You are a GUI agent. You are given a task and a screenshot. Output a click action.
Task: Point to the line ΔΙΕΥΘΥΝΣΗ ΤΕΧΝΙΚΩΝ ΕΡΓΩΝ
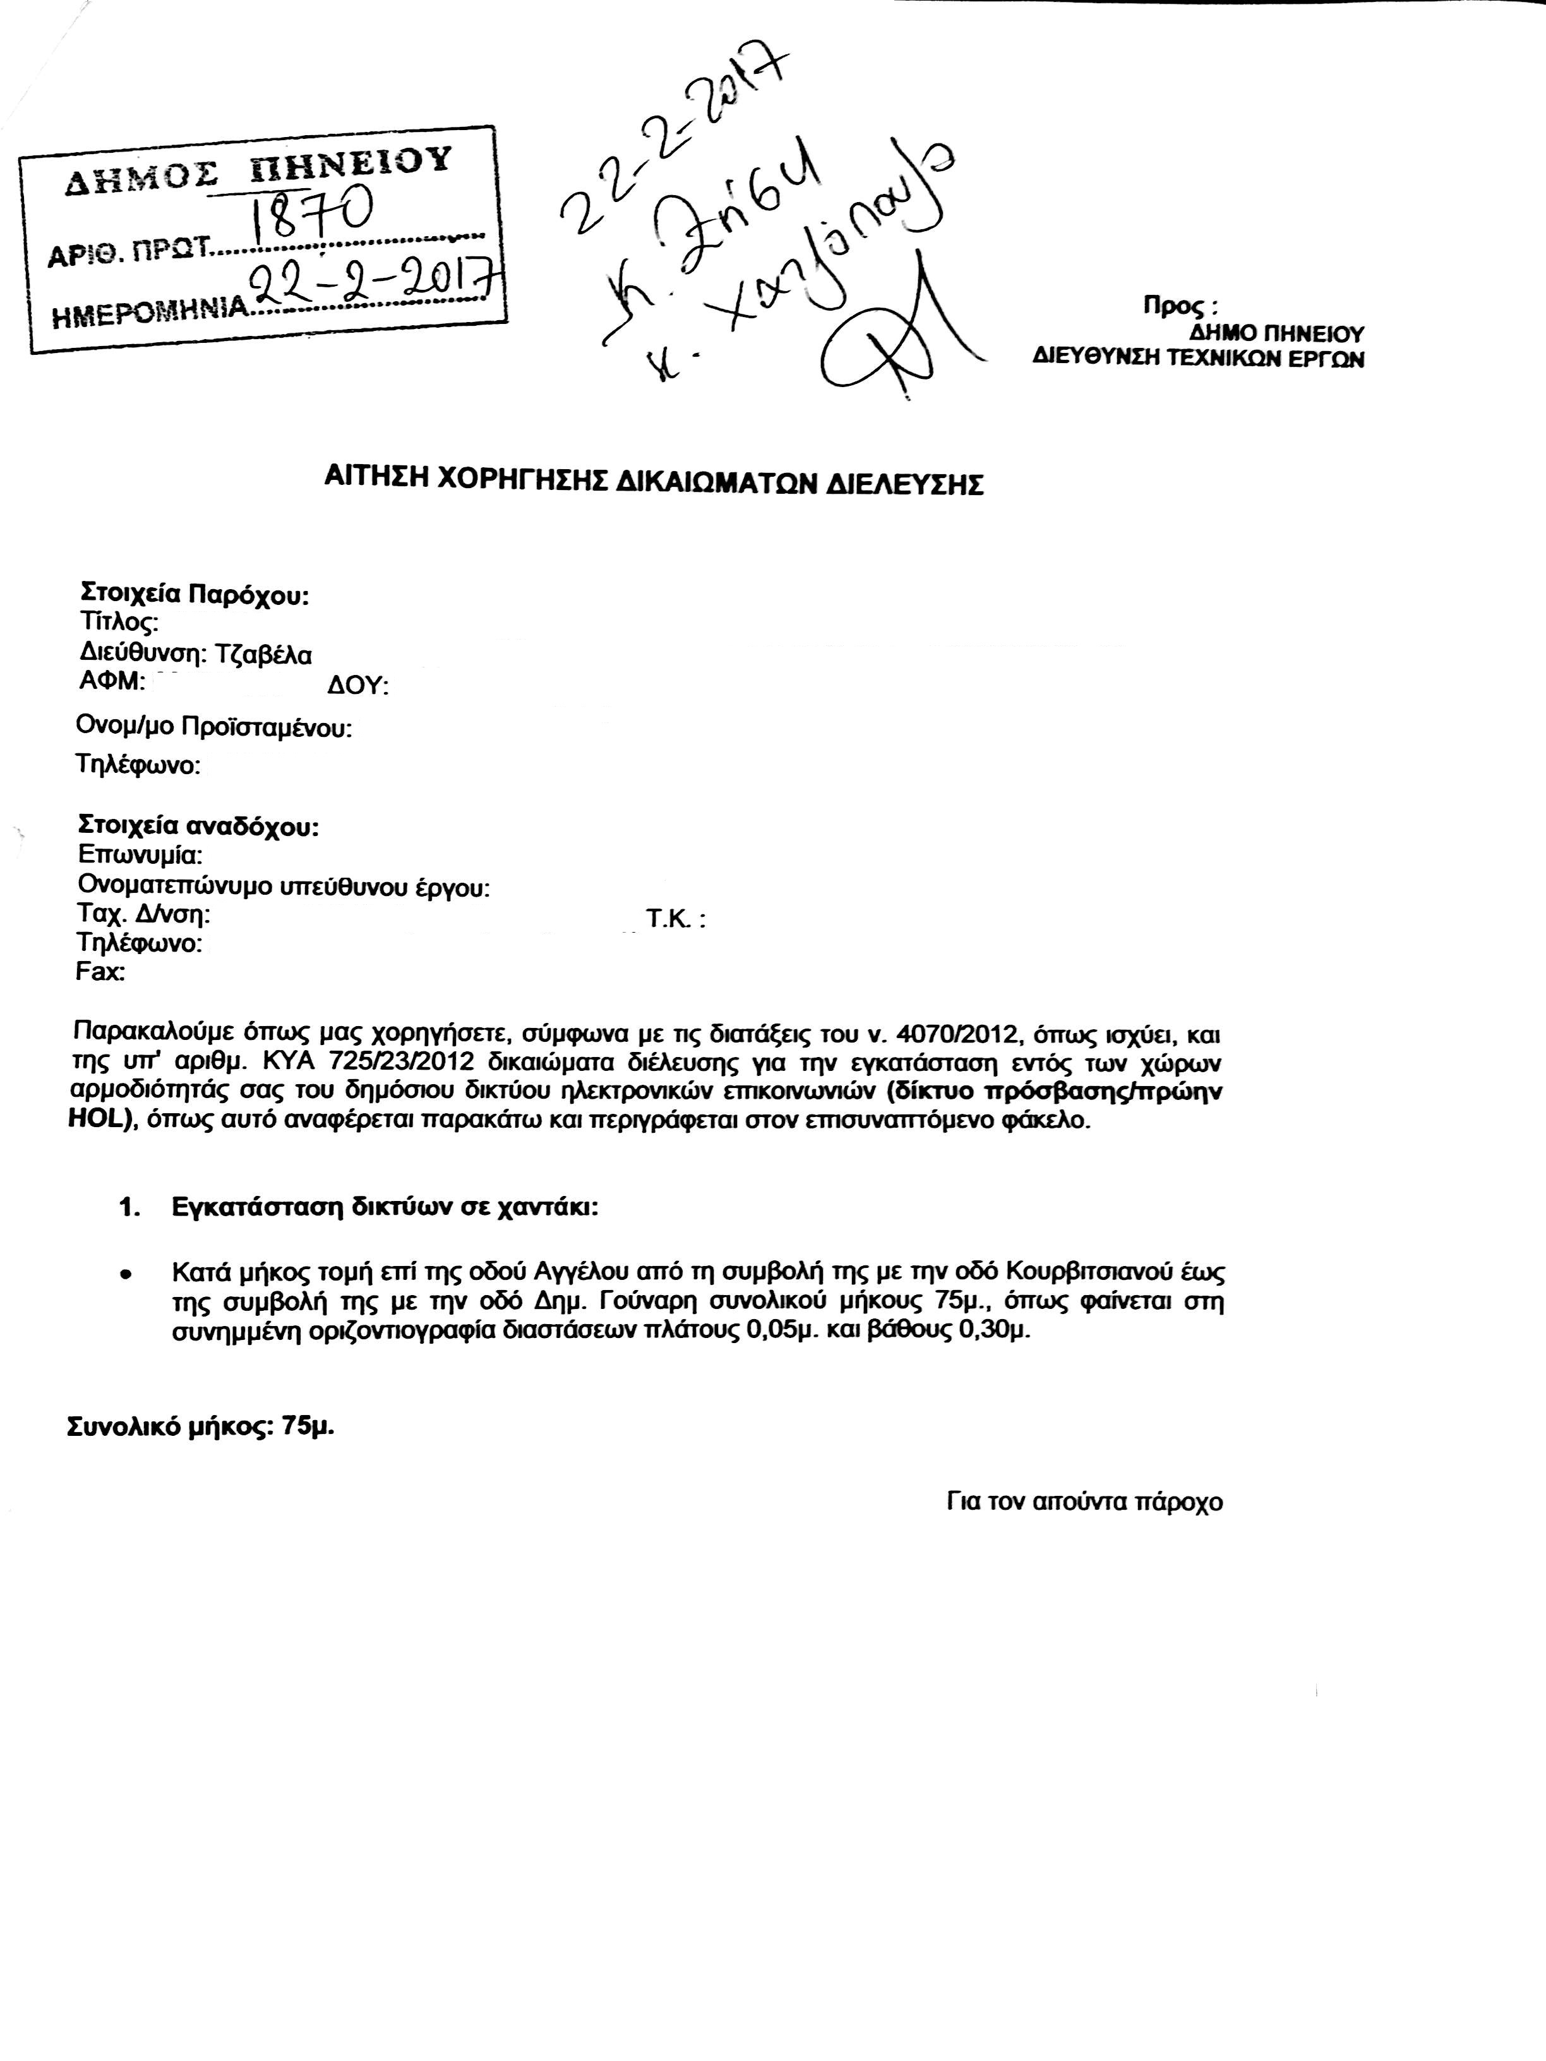[1199, 358]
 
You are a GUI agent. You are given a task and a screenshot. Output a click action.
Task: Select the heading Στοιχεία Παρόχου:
[195, 594]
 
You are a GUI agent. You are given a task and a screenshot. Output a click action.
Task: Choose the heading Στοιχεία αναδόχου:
[198, 827]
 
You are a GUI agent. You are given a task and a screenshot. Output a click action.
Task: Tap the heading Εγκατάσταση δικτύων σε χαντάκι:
[385, 1207]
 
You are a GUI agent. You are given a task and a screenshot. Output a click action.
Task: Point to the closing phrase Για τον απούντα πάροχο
[1084, 1502]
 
